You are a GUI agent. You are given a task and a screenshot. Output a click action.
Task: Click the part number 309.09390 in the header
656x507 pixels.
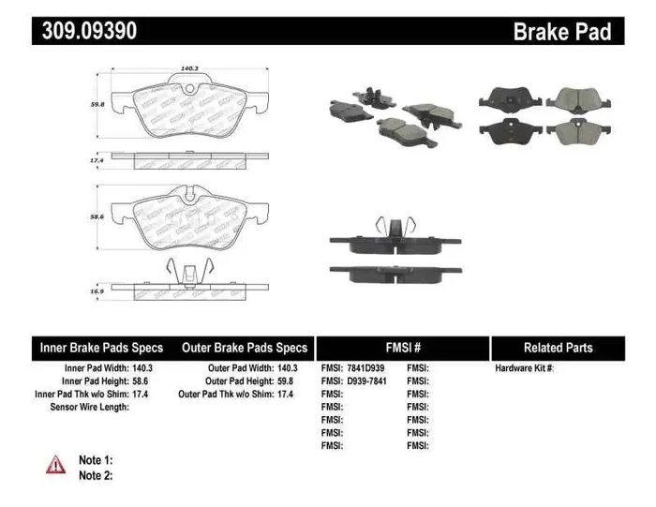90,31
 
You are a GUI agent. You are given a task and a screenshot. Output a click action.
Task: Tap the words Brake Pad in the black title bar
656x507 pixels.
561,32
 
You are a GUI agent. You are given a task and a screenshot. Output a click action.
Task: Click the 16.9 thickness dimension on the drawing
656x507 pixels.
96,291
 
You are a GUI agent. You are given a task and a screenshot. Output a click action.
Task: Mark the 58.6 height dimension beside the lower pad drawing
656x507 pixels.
96,216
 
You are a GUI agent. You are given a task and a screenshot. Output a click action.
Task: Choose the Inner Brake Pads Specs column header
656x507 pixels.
101,348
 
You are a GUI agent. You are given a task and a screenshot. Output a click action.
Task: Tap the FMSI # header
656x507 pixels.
403,348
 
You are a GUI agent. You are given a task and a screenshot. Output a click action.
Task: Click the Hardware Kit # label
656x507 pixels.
525,368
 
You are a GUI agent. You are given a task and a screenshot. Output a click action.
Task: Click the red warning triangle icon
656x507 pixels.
56,463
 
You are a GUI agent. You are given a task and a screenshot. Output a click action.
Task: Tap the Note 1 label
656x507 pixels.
96,460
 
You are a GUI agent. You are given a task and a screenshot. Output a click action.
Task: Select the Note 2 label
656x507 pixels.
96,475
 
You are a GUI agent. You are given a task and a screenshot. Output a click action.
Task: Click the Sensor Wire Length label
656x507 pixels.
89,408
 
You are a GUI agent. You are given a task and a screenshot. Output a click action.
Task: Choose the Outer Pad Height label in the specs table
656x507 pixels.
240,381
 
